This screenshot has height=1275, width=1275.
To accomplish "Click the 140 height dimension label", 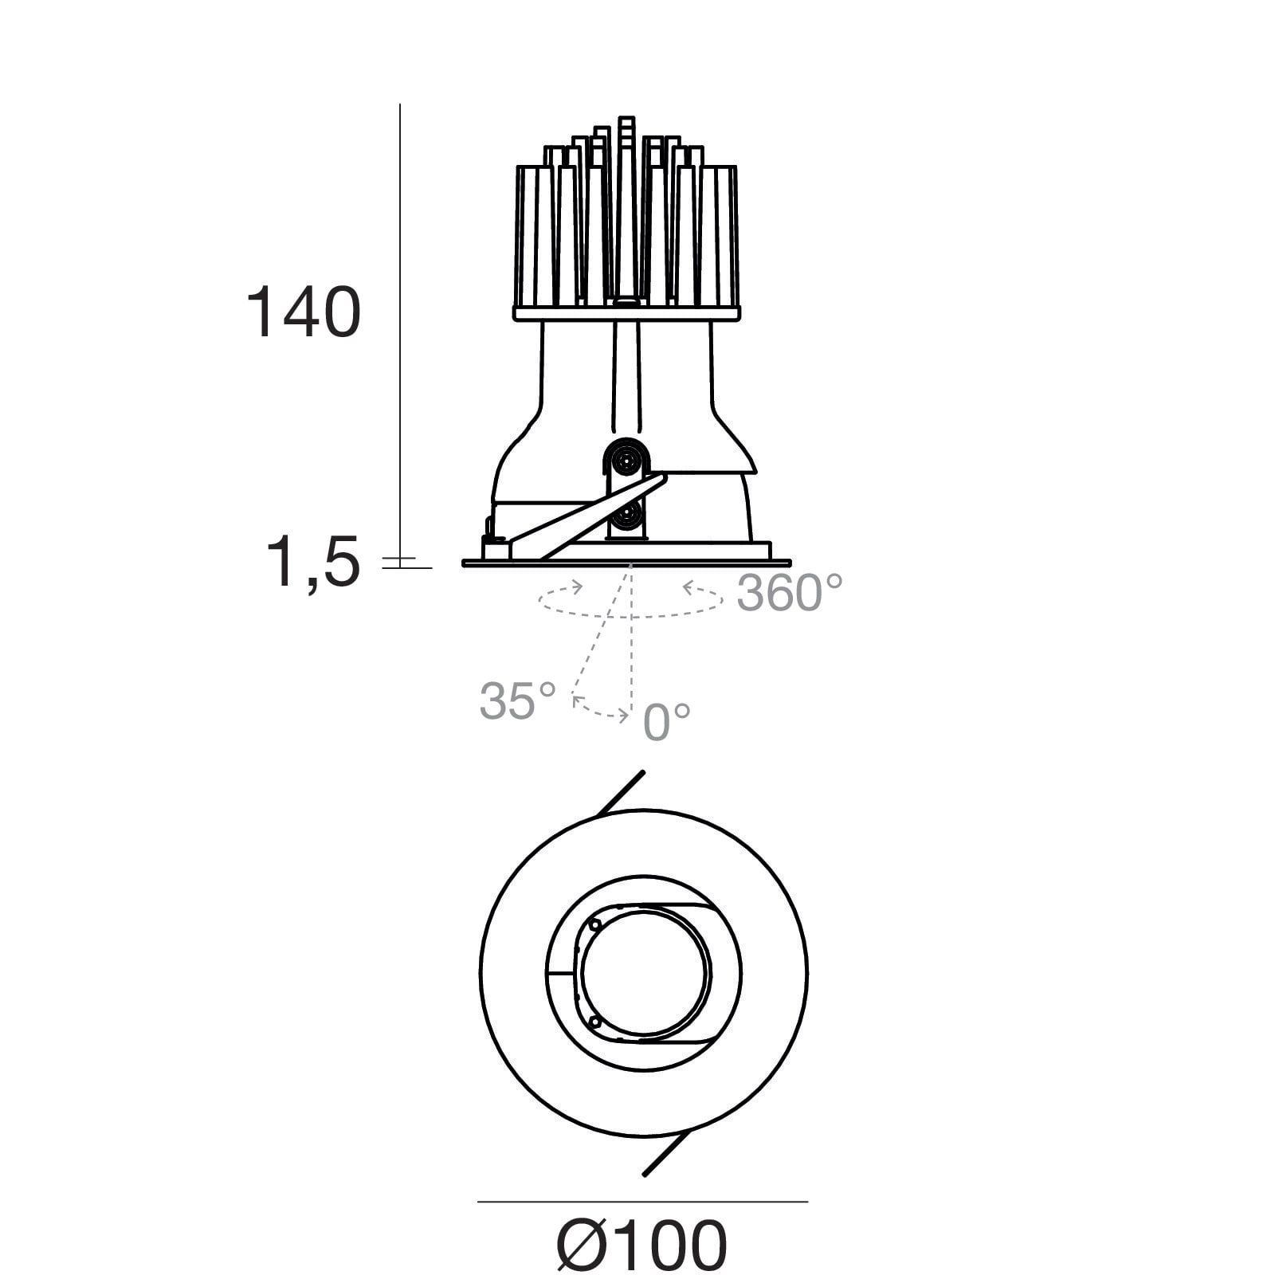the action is pyautogui.click(x=304, y=312).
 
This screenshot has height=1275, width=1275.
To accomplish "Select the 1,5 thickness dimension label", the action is pyautogui.click(x=312, y=562).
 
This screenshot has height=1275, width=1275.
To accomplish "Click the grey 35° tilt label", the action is pyautogui.click(x=517, y=700).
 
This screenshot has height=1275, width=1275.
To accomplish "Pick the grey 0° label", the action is pyautogui.click(x=667, y=722).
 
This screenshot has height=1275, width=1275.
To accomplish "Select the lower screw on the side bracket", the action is pyautogui.click(x=627, y=516).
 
